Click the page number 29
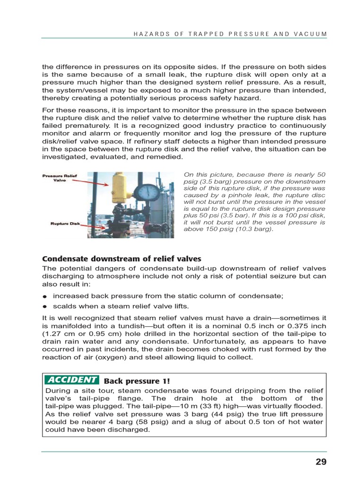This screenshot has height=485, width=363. pos(321,462)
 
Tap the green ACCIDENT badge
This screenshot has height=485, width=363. pos(72,380)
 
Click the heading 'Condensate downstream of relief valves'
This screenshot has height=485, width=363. pos(122,259)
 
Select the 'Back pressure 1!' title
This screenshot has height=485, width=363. pos(137,381)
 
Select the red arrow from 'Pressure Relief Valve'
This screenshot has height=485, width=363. pos(99,182)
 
